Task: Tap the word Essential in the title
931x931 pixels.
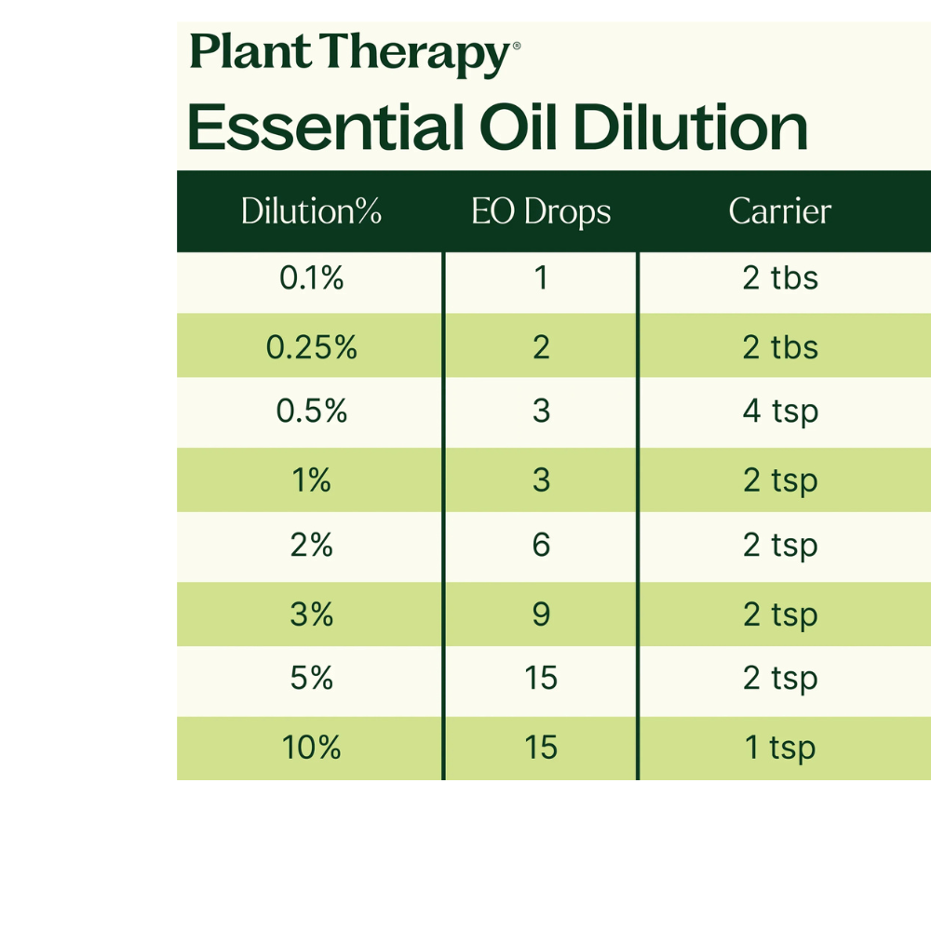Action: pos(325,127)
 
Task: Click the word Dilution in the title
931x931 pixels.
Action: pos(690,127)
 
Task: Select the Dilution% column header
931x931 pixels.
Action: pos(311,210)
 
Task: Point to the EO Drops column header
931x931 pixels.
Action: pos(541,212)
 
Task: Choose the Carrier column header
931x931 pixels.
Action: pos(779,210)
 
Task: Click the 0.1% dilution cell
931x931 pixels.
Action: pos(311,277)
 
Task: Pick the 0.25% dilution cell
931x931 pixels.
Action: pos(311,347)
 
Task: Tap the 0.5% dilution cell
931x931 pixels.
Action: pos(311,411)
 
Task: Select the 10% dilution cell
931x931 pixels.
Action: pos(311,748)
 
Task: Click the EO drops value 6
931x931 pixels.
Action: pos(541,545)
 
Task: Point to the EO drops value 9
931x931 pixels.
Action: pos(541,614)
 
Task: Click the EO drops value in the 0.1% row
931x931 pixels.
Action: pos(541,277)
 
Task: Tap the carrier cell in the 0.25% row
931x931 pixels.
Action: pos(780,347)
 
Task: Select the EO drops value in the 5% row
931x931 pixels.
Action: pos(541,678)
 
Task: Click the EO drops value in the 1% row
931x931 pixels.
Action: pos(541,480)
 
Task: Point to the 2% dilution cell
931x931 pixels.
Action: pos(311,545)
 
